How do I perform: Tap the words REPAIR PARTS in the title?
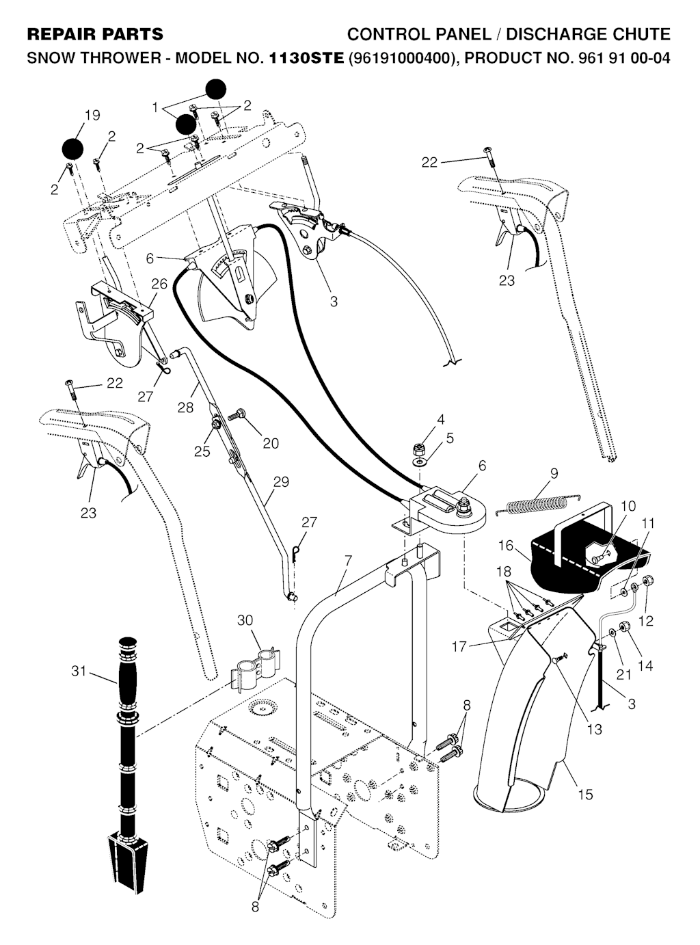(x=95, y=34)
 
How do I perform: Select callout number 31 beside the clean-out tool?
(x=79, y=671)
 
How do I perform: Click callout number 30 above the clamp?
(x=245, y=620)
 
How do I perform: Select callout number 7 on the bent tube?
(x=348, y=561)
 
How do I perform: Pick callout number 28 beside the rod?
(x=185, y=408)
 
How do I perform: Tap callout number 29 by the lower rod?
(x=281, y=481)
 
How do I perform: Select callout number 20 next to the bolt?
(x=271, y=443)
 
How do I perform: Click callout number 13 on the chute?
(x=594, y=729)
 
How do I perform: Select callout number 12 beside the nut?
(x=645, y=620)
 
